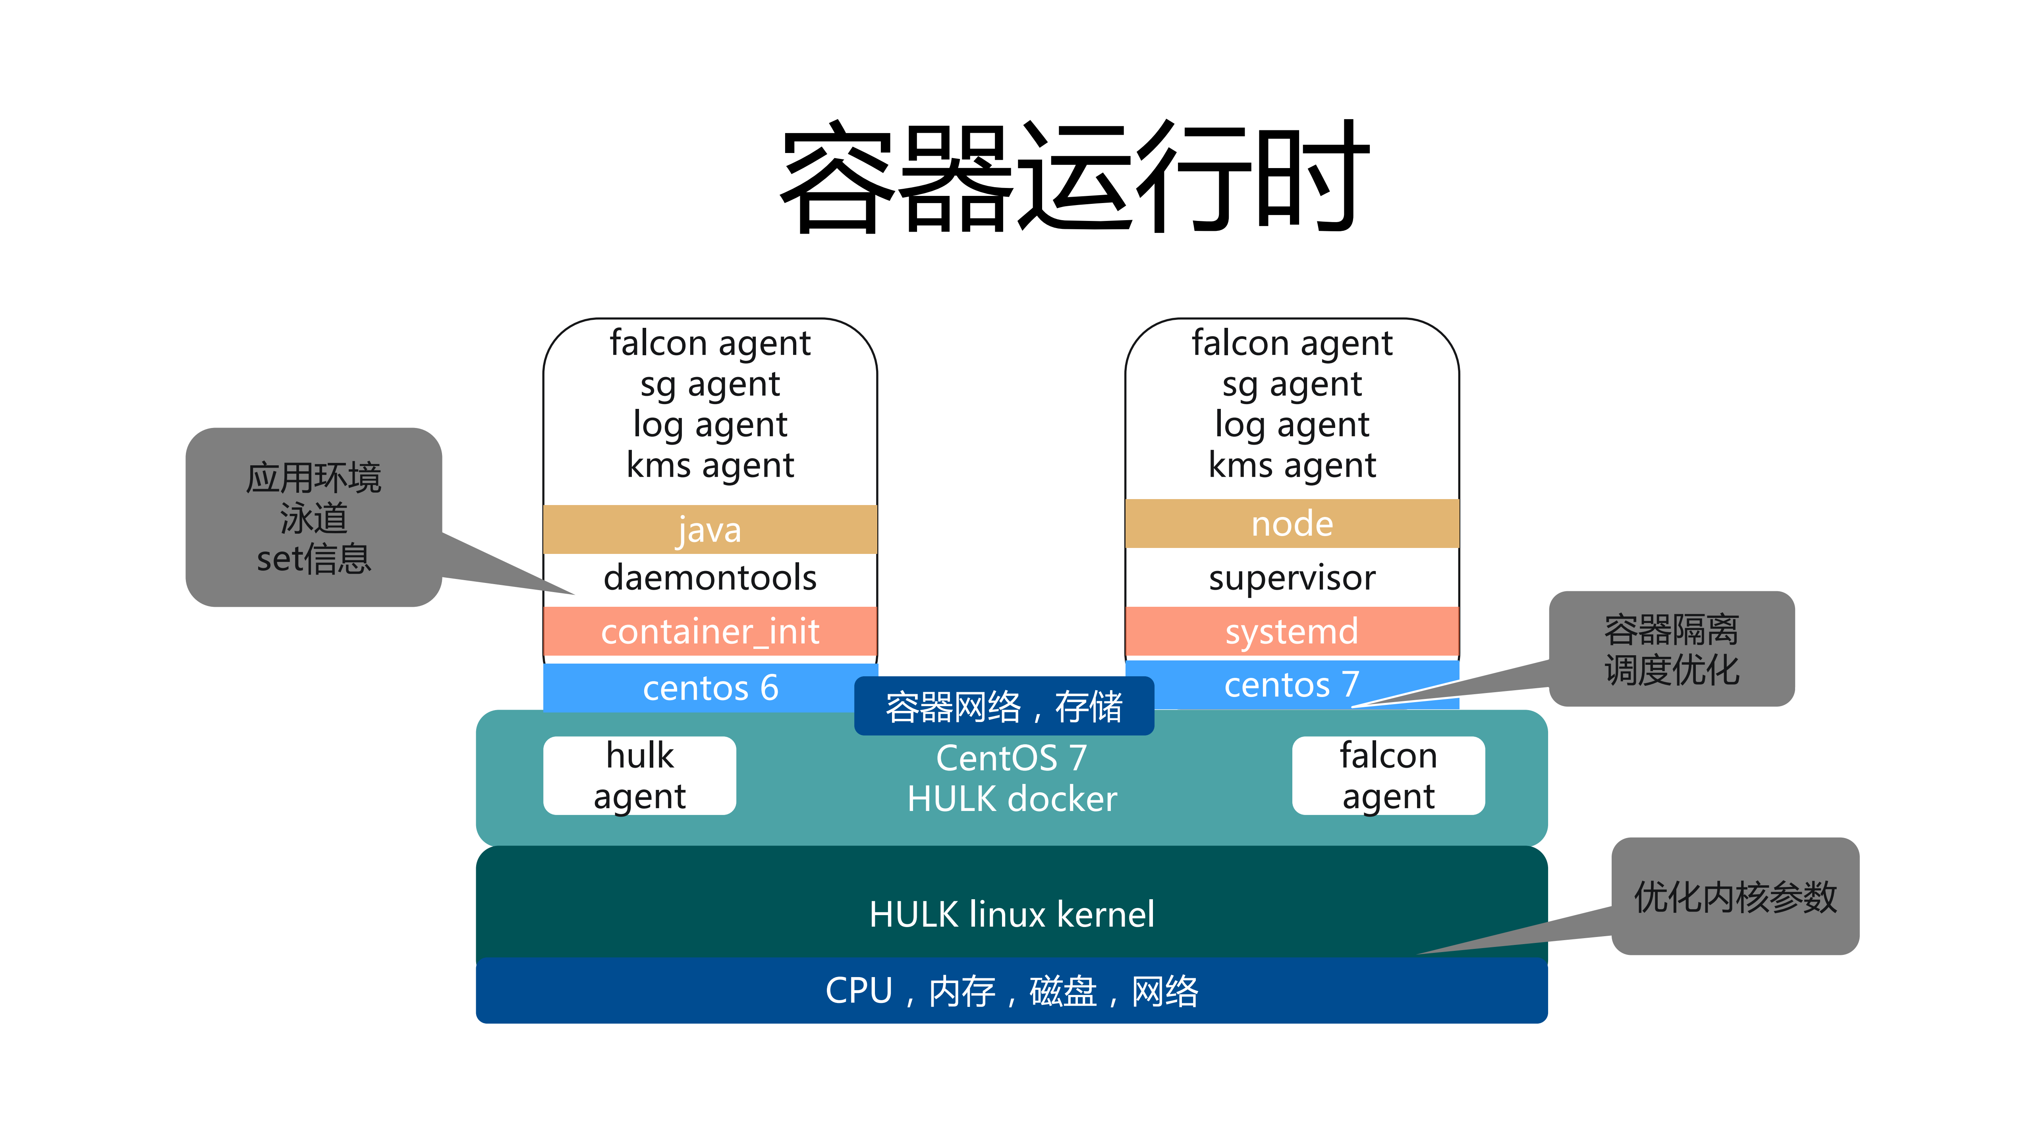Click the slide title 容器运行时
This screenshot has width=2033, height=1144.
[1073, 178]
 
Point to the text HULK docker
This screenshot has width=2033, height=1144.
[1012, 799]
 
